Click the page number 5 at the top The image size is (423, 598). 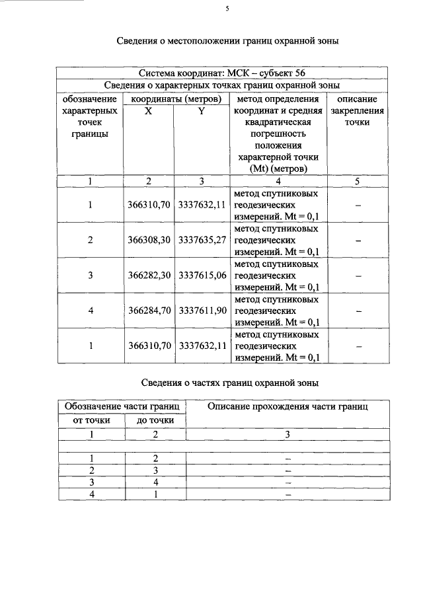click(226, 9)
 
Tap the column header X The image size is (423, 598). click(149, 111)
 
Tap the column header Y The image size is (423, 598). click(202, 111)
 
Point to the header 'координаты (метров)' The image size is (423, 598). click(175, 98)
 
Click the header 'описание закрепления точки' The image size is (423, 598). click(358, 110)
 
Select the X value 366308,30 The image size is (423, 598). click(149, 240)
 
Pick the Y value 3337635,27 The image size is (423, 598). click(202, 240)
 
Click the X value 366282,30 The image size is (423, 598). click(149, 275)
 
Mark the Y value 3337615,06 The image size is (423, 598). click(202, 275)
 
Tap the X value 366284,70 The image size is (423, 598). click(149, 310)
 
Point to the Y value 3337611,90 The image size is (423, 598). click(202, 310)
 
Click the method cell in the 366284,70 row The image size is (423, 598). click(278, 311)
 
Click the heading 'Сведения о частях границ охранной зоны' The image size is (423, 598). click(231, 383)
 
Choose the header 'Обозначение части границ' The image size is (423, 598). click(122, 406)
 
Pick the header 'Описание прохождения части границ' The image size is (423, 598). click(288, 406)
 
